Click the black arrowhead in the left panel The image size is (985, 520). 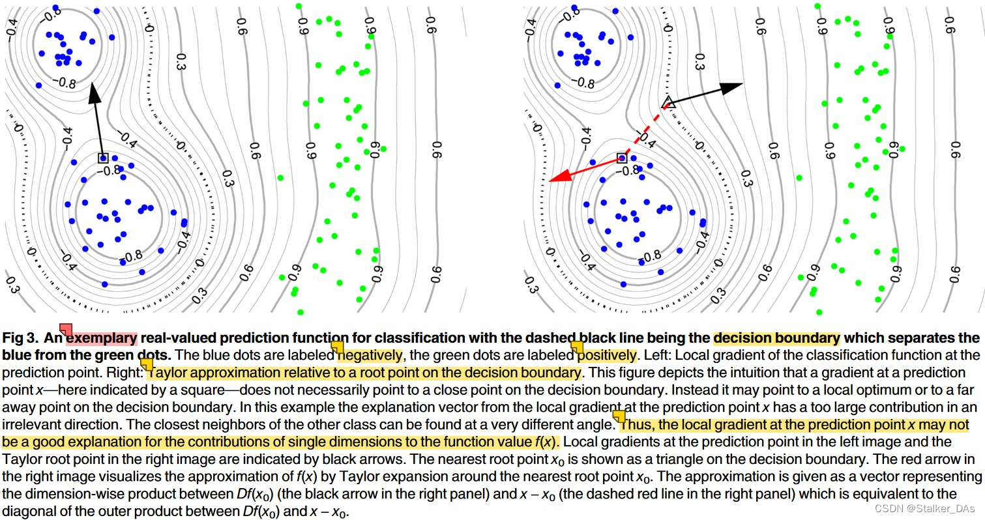[x=94, y=93]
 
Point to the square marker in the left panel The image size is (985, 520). [x=102, y=158]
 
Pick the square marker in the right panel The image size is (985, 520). [x=621, y=158]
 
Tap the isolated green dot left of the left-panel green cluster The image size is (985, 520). [x=280, y=177]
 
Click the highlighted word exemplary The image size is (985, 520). [x=101, y=338]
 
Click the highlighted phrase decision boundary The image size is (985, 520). [x=776, y=338]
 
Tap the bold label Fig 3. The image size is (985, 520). [x=21, y=338]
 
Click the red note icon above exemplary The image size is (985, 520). [x=66, y=328]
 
